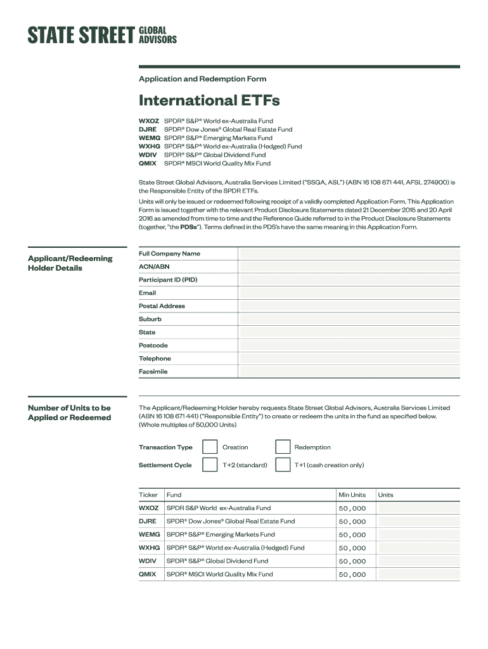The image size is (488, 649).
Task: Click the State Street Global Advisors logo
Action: coord(102,35)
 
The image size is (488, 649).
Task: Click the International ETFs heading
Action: coord(209,100)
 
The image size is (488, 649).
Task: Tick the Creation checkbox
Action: coord(210,447)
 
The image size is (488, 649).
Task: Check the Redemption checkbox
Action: coord(283,447)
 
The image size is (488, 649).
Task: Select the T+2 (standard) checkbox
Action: coord(210,465)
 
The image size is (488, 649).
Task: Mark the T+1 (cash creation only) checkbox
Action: coord(283,465)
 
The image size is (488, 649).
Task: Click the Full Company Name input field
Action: coord(349,254)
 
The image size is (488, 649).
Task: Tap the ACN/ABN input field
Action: coord(349,267)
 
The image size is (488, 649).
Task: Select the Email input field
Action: coord(349,293)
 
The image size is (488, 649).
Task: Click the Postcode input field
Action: coord(349,345)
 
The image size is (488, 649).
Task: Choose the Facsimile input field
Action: coord(349,372)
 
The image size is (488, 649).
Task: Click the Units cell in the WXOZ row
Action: coord(418,508)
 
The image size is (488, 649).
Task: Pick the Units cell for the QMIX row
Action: coord(418,574)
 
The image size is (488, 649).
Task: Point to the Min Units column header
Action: coord(352,495)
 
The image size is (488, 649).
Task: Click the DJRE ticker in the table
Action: coord(148,522)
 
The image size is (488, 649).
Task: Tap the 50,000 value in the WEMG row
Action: coord(352,535)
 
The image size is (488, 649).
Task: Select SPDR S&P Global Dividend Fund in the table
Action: coord(217,561)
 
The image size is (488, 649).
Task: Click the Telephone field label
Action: coord(155,359)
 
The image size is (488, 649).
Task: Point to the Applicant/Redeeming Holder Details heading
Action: coord(70,263)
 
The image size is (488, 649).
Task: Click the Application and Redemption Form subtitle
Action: coord(202,79)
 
